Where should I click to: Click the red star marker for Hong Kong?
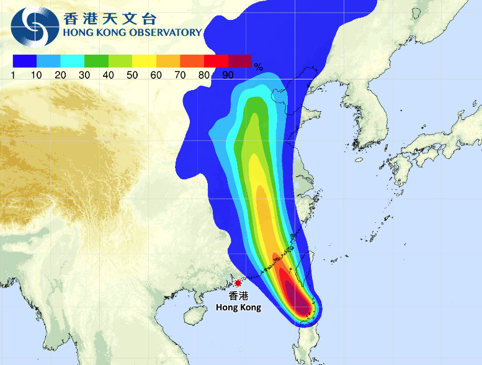tap(238, 282)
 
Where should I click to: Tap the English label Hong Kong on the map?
tap(238, 307)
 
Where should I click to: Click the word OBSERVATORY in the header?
tap(166, 33)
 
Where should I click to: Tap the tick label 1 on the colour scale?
tap(12, 75)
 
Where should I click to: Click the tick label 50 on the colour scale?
tap(132, 75)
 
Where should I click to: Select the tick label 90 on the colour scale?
tap(228, 75)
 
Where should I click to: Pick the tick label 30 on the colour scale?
tap(84, 75)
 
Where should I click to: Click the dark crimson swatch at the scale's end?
tap(240, 61)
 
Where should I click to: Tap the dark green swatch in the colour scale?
tap(96, 61)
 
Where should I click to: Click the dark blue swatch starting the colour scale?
tap(24, 61)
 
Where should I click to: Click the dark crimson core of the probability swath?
tap(300, 302)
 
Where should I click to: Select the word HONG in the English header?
tap(76, 33)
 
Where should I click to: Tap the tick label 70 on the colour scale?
tap(180, 75)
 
